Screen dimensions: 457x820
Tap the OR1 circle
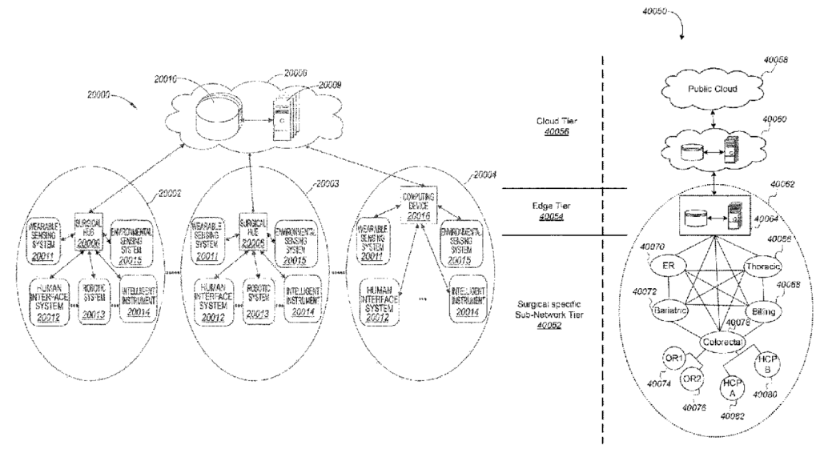pos(673,358)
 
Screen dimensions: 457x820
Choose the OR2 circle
pos(693,379)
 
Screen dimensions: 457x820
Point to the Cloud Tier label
pos(551,126)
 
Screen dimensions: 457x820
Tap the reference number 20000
pos(102,94)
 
